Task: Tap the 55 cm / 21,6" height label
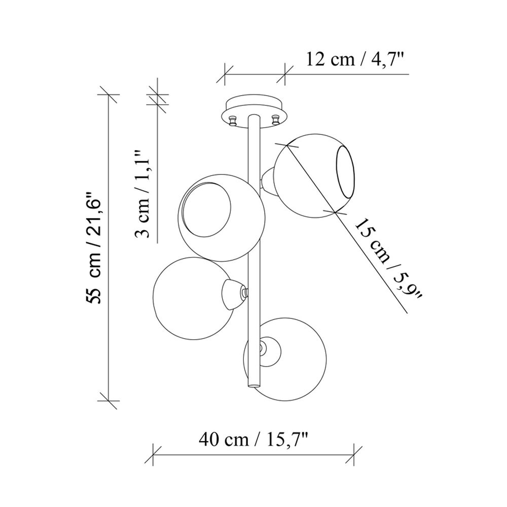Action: point(94,248)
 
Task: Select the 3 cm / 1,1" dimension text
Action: point(142,194)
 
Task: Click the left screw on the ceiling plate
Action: point(233,122)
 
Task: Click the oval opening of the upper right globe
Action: point(344,172)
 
